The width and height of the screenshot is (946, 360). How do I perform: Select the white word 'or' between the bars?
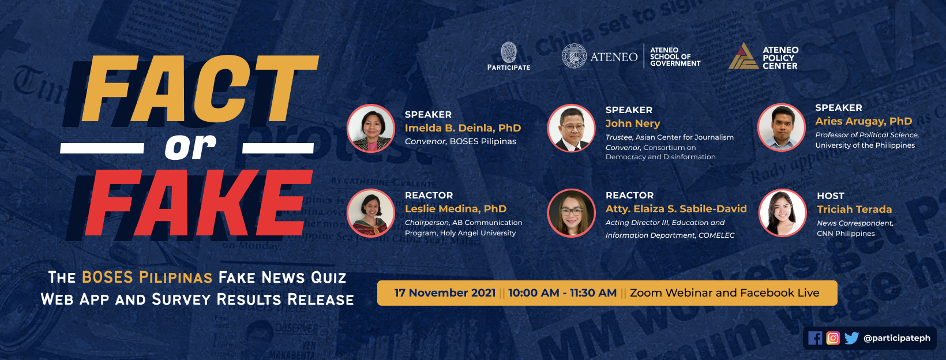[x=190, y=148]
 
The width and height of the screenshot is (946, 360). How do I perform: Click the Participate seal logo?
[x=509, y=52]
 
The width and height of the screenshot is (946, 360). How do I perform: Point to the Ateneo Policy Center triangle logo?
[x=743, y=56]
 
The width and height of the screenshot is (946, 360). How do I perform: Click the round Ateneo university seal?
[x=574, y=56]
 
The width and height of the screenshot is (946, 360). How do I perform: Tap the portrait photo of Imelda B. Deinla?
[x=371, y=129]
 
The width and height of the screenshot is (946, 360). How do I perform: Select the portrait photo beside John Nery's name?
[x=571, y=128]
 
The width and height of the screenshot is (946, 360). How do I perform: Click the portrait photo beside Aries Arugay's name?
[x=781, y=127]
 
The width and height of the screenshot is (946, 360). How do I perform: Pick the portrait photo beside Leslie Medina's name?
[x=371, y=213]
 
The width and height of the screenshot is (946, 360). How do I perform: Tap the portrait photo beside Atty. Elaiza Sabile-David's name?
[x=571, y=213]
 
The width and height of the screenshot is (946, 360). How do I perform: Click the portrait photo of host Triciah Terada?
[x=783, y=212]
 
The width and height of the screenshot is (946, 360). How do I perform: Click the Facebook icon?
[x=815, y=338]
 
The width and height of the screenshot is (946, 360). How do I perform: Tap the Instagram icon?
[x=833, y=338]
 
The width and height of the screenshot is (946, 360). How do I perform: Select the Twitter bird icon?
[x=851, y=338]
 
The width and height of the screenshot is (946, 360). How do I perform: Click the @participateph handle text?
[x=896, y=338]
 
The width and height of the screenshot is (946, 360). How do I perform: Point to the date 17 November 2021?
[x=445, y=293]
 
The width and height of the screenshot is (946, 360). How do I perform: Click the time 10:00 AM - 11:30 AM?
[x=562, y=293]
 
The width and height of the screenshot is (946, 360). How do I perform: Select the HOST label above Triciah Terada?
[x=830, y=196]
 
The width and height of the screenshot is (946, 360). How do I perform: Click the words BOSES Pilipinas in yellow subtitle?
[x=147, y=277]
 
